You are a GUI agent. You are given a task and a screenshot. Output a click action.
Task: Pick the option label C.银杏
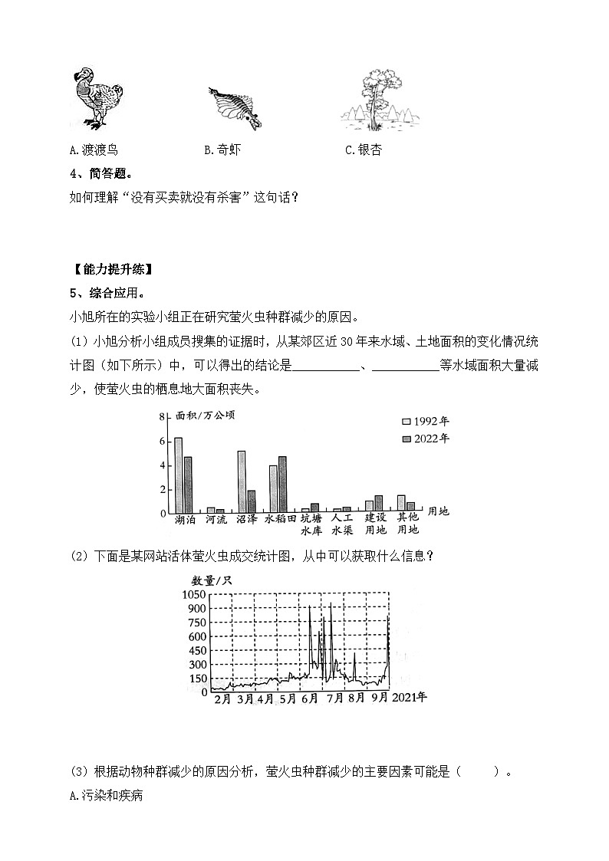363,150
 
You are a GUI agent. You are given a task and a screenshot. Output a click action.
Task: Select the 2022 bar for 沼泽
251,501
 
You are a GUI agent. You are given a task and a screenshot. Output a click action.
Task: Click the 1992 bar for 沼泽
242,481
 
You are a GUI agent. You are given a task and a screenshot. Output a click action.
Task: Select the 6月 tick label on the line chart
311,699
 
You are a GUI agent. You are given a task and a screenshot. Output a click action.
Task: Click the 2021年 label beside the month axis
410,698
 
